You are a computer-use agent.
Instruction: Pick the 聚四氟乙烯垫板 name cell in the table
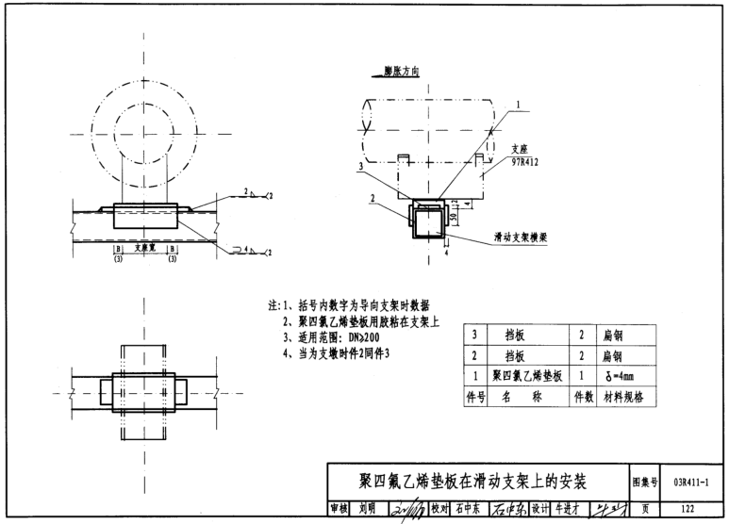(x=527, y=376)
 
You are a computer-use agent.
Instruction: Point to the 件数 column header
(x=583, y=397)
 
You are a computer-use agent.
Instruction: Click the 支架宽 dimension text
(x=145, y=248)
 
